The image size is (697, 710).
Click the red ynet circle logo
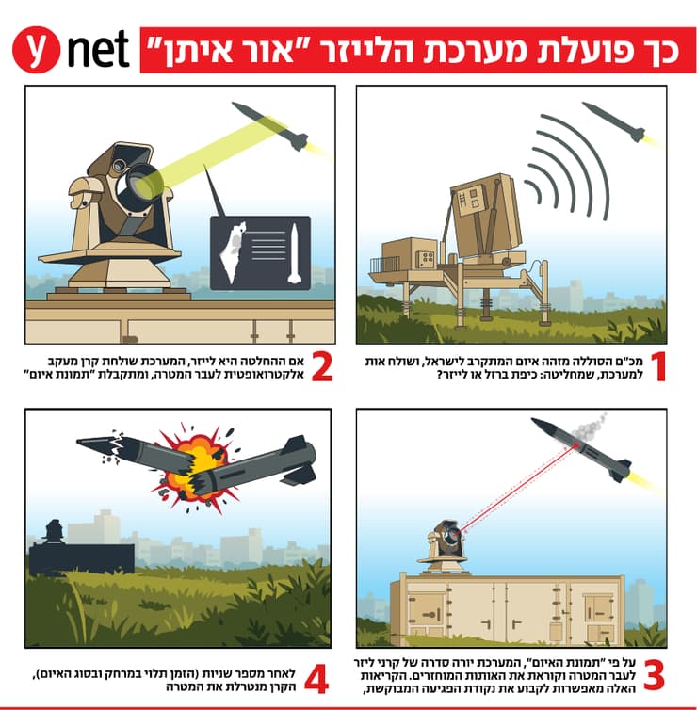click(36, 49)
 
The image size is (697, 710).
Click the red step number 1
click(658, 367)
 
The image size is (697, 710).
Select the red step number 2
click(322, 367)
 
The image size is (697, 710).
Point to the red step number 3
click(654, 674)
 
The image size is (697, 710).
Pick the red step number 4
click(316, 680)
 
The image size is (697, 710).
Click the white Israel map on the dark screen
click(233, 252)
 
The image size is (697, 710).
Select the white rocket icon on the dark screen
click(295, 253)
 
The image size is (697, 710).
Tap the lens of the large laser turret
click(136, 184)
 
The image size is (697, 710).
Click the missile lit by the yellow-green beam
click(270, 126)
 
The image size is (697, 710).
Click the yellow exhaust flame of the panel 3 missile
click(643, 480)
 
